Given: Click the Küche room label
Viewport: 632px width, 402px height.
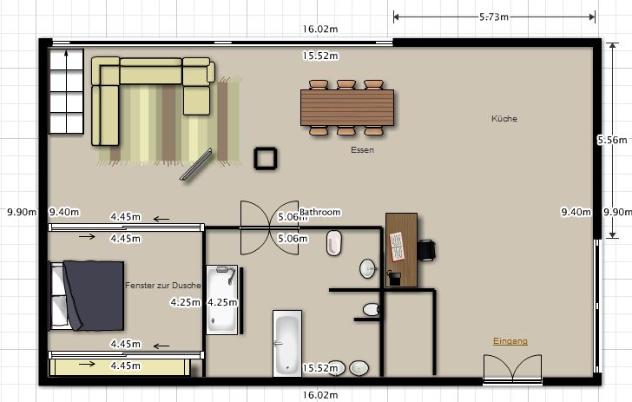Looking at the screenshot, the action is pos(504,119).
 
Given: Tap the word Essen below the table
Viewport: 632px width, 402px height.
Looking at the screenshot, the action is pos(362,150).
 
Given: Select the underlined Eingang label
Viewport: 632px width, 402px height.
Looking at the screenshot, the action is pos(510,341).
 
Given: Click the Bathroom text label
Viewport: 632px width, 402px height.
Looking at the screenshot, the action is pos(320,212).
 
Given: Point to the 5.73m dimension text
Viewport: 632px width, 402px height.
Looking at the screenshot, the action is pos(494,17).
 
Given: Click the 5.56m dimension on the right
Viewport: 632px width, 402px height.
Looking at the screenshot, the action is pos(612,140).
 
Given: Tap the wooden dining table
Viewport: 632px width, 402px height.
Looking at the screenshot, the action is pos(347,108).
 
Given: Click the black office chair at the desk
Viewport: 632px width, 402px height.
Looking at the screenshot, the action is pos(426,250).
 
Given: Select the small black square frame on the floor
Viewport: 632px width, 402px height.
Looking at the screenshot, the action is pos(266,158).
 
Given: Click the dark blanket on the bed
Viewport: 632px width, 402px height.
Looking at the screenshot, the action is pos(94,295).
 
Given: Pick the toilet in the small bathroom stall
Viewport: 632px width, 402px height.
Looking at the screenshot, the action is pos(371,310).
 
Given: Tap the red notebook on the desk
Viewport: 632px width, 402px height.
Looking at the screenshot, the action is pos(397,247).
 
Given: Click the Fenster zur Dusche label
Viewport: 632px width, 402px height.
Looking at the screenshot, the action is pos(163,286).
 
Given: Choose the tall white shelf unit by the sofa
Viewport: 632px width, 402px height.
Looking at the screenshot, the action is pos(66,91).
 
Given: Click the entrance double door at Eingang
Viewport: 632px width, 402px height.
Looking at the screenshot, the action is pos(513,369).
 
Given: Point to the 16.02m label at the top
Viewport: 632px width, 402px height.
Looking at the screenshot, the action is pos(320,29).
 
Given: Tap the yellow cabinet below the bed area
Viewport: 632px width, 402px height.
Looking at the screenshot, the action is pos(120,367).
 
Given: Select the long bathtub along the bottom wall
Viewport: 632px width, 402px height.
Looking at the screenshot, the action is pos(287,344).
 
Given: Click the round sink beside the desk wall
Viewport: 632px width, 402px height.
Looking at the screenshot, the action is pos(367,268).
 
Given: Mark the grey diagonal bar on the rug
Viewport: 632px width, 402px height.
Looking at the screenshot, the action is pos(196,164).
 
